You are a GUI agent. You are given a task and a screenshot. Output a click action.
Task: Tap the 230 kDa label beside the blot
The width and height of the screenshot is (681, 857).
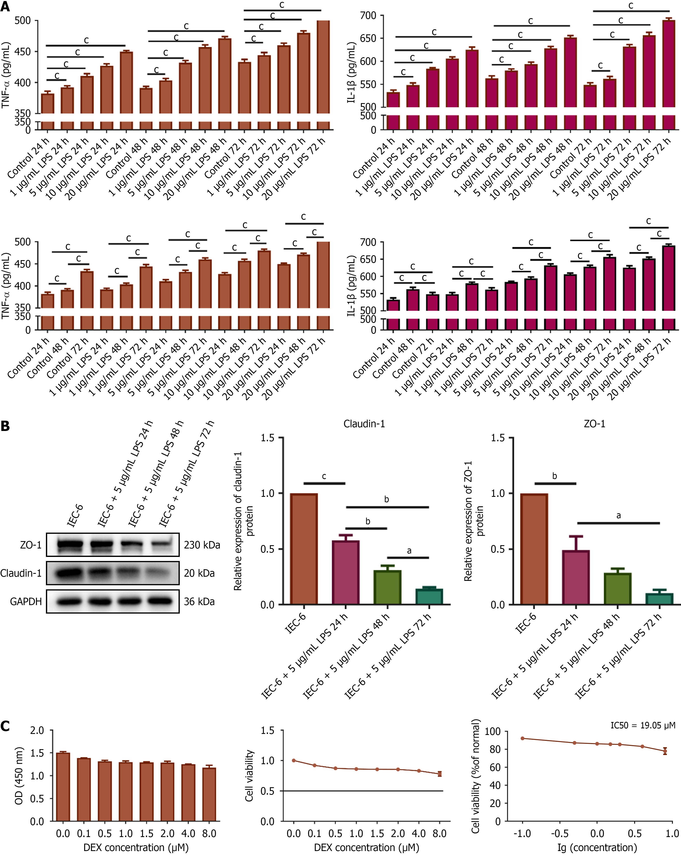(x=202, y=545)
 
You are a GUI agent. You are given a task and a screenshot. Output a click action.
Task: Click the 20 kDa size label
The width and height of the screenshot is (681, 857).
(x=199, y=573)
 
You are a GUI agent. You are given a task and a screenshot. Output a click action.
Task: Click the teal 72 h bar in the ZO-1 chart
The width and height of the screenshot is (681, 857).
(x=659, y=599)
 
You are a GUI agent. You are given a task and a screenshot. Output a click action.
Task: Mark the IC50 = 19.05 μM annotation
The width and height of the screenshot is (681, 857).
(x=643, y=725)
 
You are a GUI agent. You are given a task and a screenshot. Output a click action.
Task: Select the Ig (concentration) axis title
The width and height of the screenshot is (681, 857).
(x=597, y=848)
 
